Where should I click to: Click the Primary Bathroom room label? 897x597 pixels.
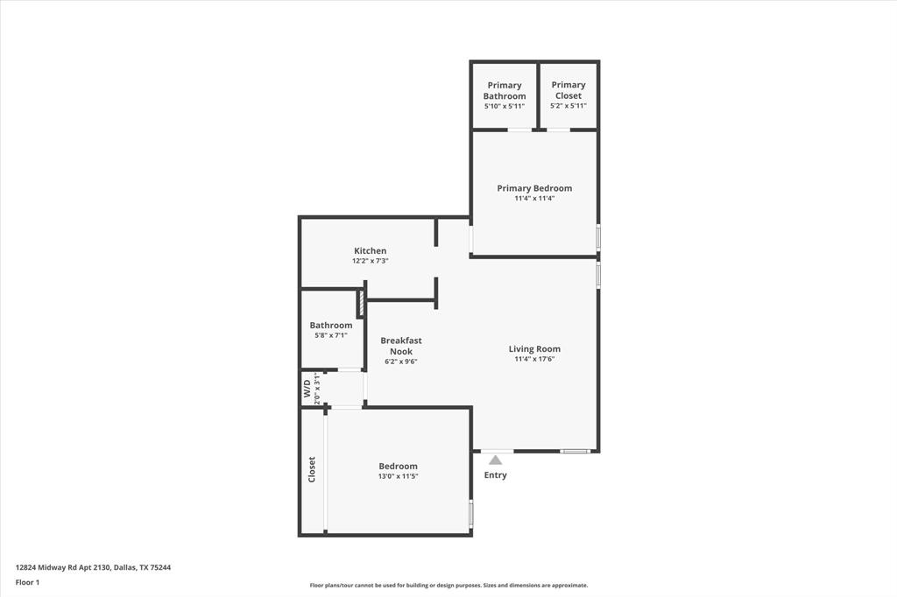(x=505, y=90)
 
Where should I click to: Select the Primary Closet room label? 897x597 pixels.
(x=569, y=90)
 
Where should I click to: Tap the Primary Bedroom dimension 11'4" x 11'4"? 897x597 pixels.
(x=534, y=199)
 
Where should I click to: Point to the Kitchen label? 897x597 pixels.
(x=370, y=251)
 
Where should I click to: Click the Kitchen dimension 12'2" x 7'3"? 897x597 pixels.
(x=370, y=261)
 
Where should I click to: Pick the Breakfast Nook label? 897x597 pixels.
(x=401, y=346)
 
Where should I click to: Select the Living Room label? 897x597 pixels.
(x=534, y=349)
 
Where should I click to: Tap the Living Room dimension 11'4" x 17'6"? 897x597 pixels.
(x=534, y=359)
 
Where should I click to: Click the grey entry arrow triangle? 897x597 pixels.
(x=495, y=459)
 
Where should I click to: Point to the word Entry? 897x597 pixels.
(x=495, y=475)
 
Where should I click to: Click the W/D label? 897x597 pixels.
(x=307, y=389)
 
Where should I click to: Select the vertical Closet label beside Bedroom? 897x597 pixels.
(x=312, y=470)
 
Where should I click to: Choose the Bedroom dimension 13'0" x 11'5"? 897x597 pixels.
(x=398, y=476)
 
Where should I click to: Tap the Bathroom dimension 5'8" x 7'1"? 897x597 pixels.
(x=331, y=335)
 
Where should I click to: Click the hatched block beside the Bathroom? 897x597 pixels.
(x=360, y=305)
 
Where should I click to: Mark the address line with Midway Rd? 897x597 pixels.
(x=93, y=567)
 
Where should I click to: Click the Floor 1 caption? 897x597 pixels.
(x=28, y=581)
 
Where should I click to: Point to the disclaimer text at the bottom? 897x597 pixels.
(x=448, y=586)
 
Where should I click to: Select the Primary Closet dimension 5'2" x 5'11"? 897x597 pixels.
(x=569, y=106)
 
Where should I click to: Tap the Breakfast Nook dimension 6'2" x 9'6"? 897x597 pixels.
(x=401, y=362)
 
